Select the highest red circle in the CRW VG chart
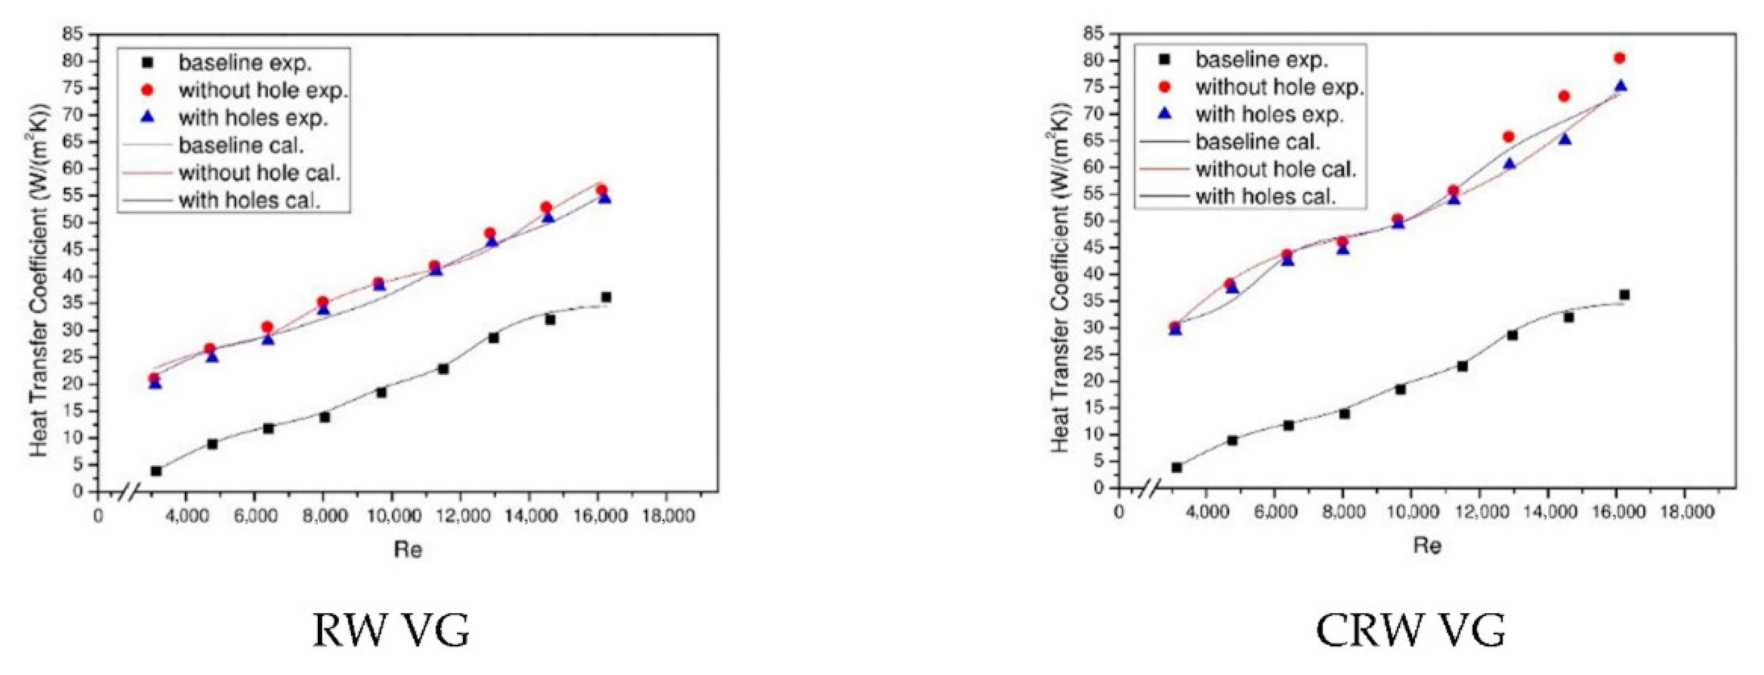coord(1619,58)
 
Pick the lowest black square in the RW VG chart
coord(156,471)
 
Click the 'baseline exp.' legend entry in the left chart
coord(245,63)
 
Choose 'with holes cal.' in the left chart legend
coord(249,200)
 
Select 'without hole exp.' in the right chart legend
coord(1278,87)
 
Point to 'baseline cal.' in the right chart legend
coord(1257,142)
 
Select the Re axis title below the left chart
coord(408,549)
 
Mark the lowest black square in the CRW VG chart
coord(1177,467)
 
